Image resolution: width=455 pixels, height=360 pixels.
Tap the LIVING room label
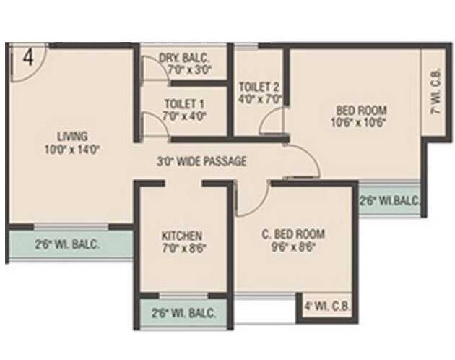click(72, 136)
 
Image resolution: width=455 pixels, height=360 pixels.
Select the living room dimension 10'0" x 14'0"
click(72, 150)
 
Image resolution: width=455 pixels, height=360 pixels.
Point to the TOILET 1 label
click(185, 103)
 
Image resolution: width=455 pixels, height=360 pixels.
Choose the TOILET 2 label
click(259, 87)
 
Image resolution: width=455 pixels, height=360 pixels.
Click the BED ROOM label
click(361, 110)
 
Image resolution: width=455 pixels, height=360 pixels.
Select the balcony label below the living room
click(67, 244)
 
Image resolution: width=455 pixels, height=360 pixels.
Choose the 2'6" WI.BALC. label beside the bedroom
click(389, 200)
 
